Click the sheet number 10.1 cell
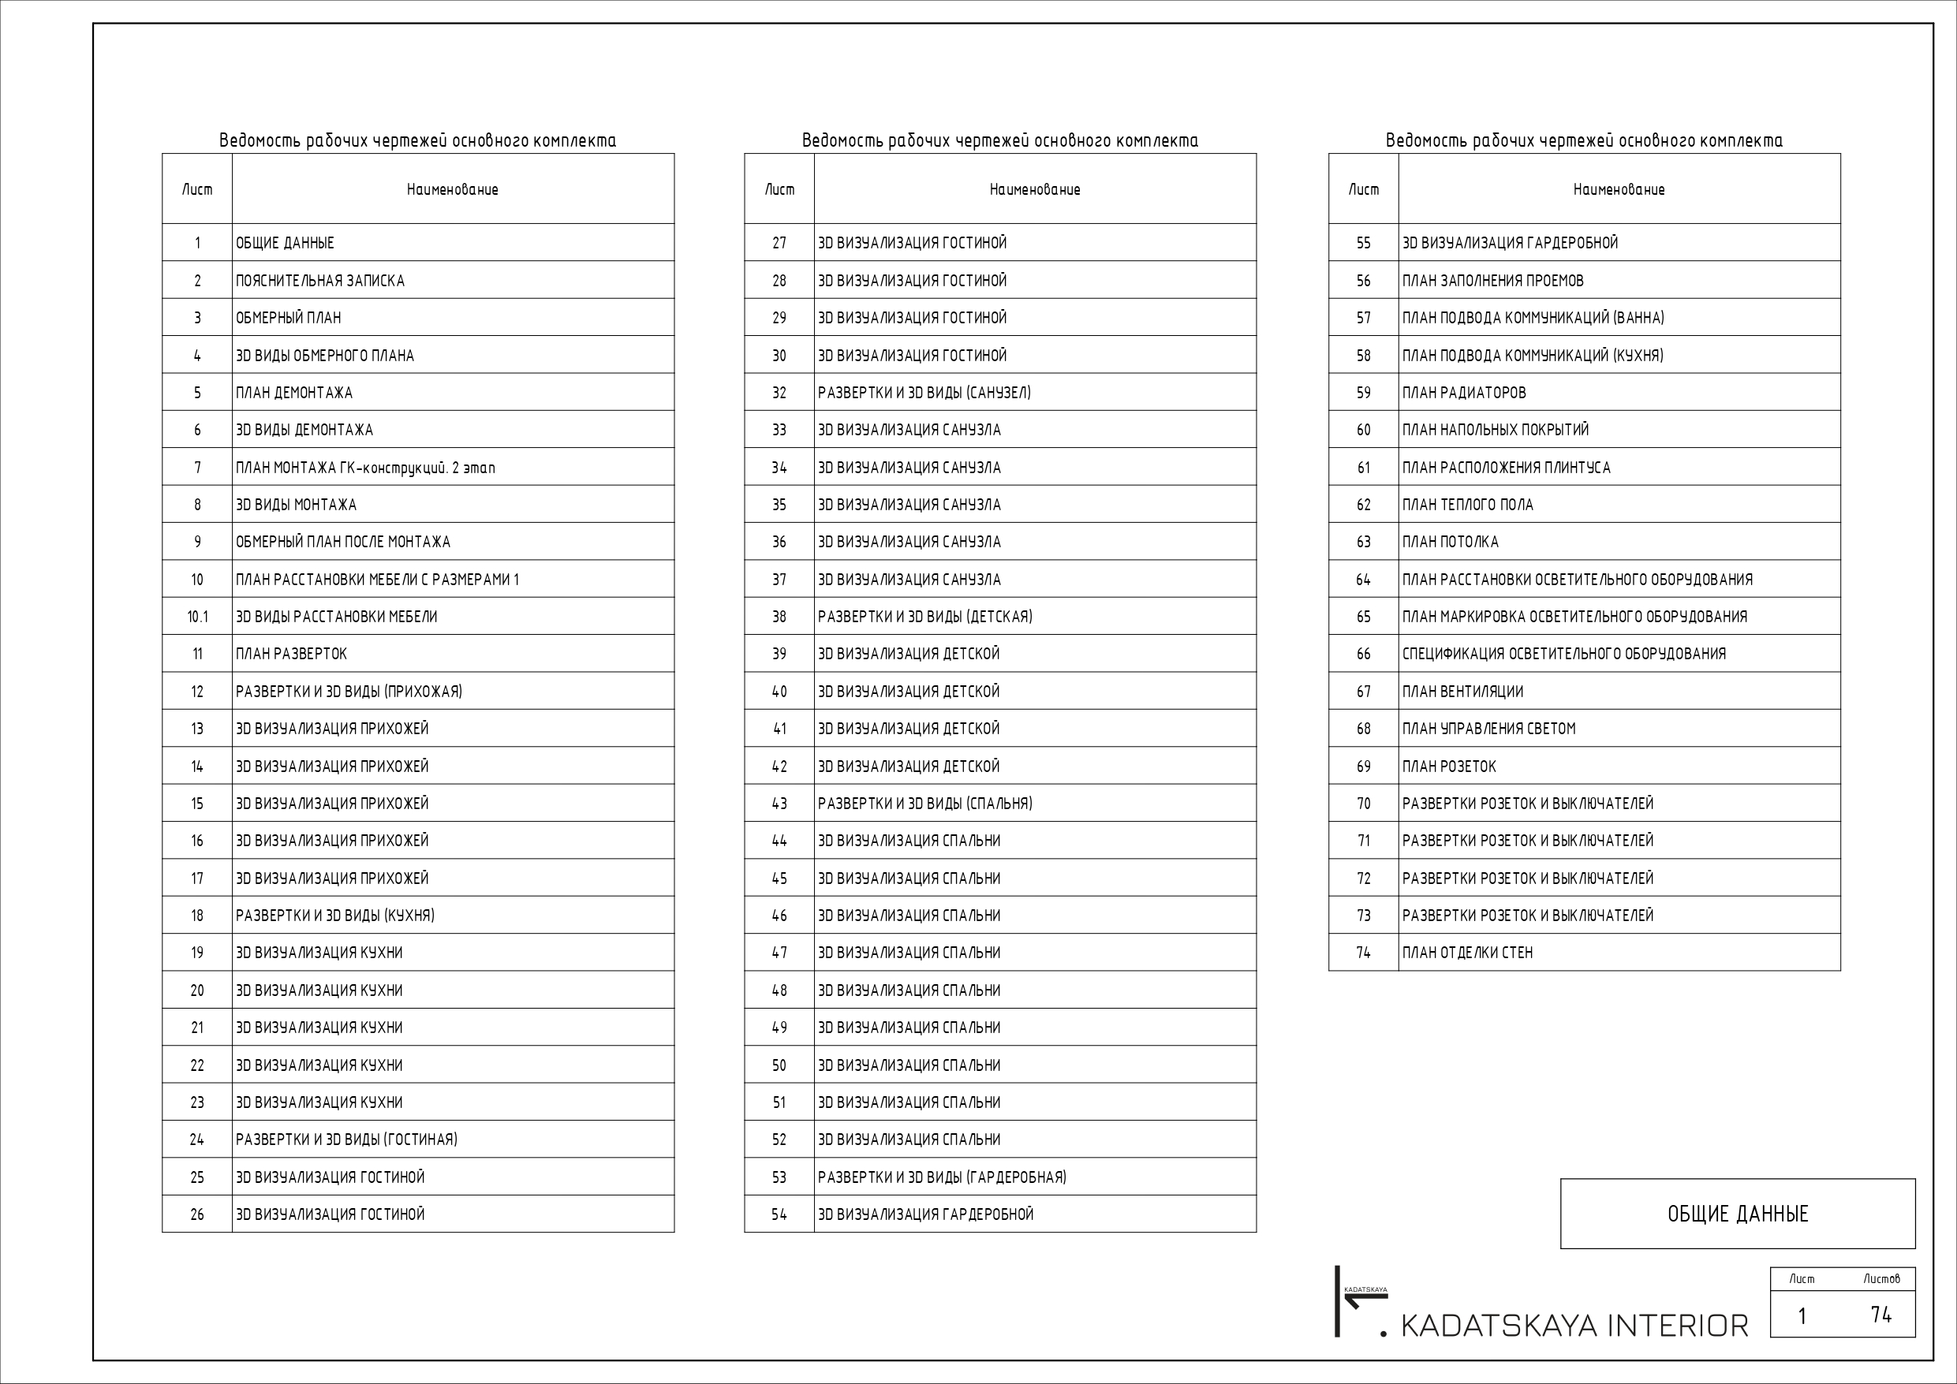click(197, 616)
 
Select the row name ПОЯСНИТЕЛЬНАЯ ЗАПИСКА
click(319, 281)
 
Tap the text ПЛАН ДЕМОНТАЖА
click(294, 393)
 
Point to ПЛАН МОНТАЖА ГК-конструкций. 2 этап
click(364, 468)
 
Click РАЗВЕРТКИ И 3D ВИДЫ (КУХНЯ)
click(335, 916)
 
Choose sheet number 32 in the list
click(779, 393)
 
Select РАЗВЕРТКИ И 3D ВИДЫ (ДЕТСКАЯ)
click(924, 616)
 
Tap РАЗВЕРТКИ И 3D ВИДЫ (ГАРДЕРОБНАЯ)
click(942, 1177)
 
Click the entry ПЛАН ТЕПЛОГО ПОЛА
click(1467, 505)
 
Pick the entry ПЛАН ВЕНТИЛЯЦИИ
click(1462, 691)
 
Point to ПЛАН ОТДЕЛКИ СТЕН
click(1467, 953)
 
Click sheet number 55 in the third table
click(1363, 243)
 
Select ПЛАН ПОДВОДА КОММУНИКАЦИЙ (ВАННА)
click(1533, 318)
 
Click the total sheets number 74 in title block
click(1880, 1315)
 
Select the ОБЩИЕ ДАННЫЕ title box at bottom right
click(1737, 1214)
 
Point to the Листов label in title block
click(1881, 1278)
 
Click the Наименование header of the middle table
click(1034, 189)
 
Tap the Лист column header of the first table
click(197, 189)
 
